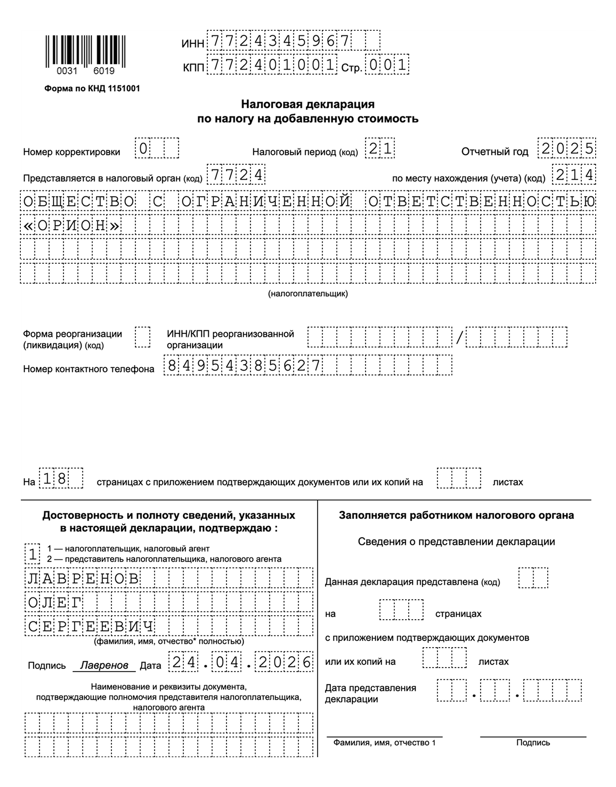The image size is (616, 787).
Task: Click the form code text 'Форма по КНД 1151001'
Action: click(92, 89)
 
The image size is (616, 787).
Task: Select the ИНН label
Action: click(192, 43)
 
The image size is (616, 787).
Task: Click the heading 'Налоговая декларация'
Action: click(308, 104)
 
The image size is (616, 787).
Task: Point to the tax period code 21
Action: click(380, 149)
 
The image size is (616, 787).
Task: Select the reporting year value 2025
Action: click(567, 148)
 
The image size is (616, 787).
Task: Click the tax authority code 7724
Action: click(236, 175)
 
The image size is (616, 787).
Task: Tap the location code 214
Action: click(574, 175)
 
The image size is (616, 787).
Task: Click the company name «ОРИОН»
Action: click(71, 225)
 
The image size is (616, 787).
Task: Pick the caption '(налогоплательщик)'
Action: click(308, 294)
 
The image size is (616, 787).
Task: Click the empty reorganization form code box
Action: click(143, 337)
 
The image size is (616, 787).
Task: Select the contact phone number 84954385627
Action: click(243, 365)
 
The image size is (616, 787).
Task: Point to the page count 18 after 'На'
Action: click(55, 479)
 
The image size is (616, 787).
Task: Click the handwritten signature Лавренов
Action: click(104, 665)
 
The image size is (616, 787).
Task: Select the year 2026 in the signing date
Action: click(285, 663)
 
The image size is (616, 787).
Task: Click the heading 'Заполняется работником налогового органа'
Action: click(456, 515)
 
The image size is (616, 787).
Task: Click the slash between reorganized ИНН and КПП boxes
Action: click(459, 337)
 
